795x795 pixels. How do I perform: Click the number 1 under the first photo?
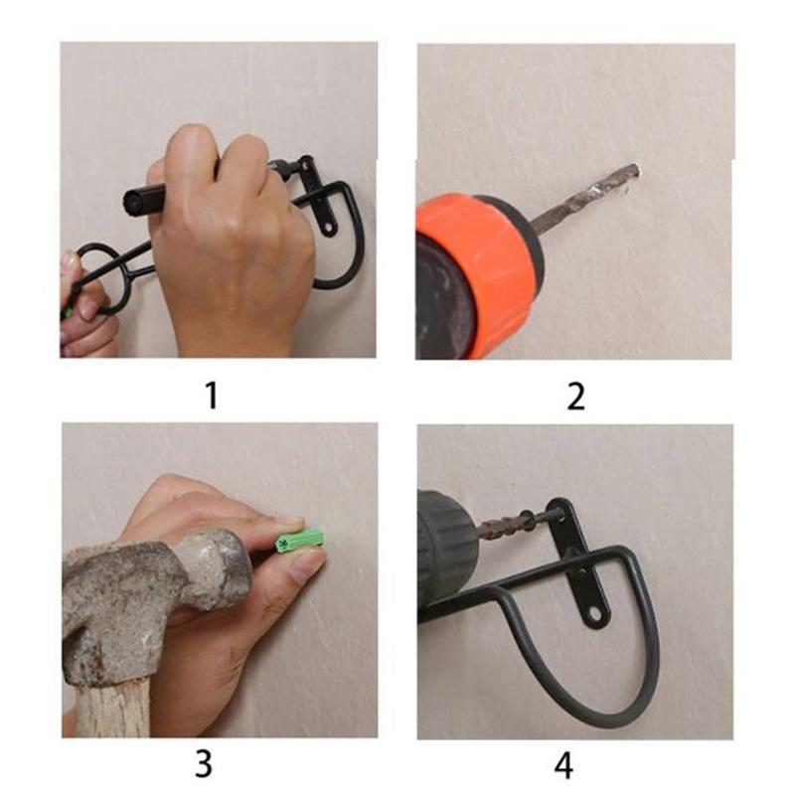(x=210, y=395)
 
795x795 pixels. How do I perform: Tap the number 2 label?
(x=575, y=395)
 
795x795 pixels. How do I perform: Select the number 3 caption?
(x=203, y=763)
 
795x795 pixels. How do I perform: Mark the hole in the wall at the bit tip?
(x=633, y=171)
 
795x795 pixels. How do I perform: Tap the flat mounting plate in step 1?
(x=320, y=199)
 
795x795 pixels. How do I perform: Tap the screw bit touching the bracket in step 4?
(x=517, y=523)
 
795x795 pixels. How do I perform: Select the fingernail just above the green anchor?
(x=290, y=521)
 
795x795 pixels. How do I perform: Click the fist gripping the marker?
(x=229, y=238)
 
